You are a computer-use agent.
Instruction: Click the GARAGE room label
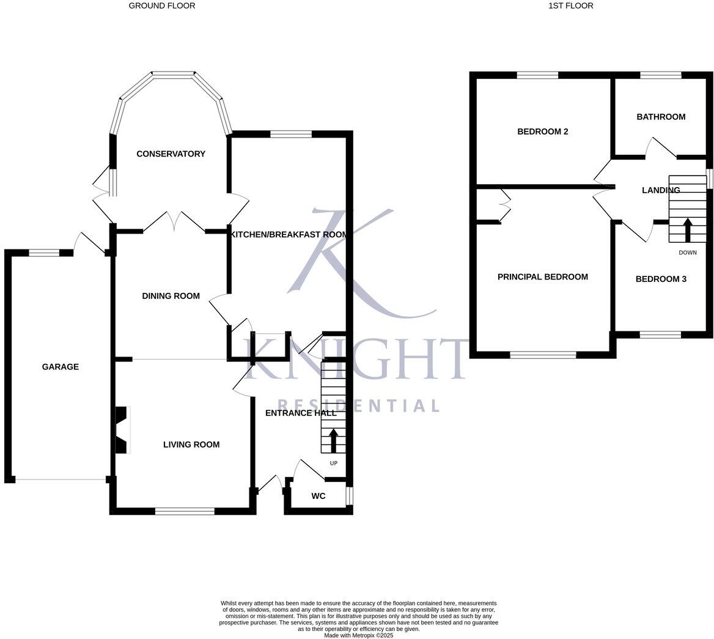pyautogui.click(x=60, y=367)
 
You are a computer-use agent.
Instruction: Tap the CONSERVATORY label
pyautogui.click(x=171, y=154)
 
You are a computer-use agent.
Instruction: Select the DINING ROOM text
pyautogui.click(x=171, y=296)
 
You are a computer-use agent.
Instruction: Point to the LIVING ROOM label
pyautogui.click(x=191, y=445)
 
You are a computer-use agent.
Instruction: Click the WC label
pyautogui.click(x=318, y=496)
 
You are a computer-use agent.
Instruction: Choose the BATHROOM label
pyautogui.click(x=661, y=117)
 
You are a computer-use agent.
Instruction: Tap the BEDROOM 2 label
pyautogui.click(x=543, y=131)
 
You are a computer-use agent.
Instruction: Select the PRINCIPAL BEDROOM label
pyautogui.click(x=542, y=277)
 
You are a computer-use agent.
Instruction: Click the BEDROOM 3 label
pyautogui.click(x=661, y=279)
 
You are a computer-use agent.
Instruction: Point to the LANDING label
pyautogui.click(x=660, y=190)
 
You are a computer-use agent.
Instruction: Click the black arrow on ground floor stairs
pyautogui.click(x=333, y=440)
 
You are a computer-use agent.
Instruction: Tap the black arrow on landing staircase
pyautogui.click(x=687, y=231)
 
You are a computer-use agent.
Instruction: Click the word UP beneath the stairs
pyautogui.click(x=333, y=463)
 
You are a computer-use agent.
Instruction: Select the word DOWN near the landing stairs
pyautogui.click(x=687, y=253)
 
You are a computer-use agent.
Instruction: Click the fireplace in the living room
pyautogui.click(x=122, y=430)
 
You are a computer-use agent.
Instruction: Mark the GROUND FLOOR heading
pyautogui.click(x=162, y=6)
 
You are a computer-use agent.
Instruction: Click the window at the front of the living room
pyautogui.click(x=185, y=511)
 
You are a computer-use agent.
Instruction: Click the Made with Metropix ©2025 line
pyautogui.click(x=359, y=635)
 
